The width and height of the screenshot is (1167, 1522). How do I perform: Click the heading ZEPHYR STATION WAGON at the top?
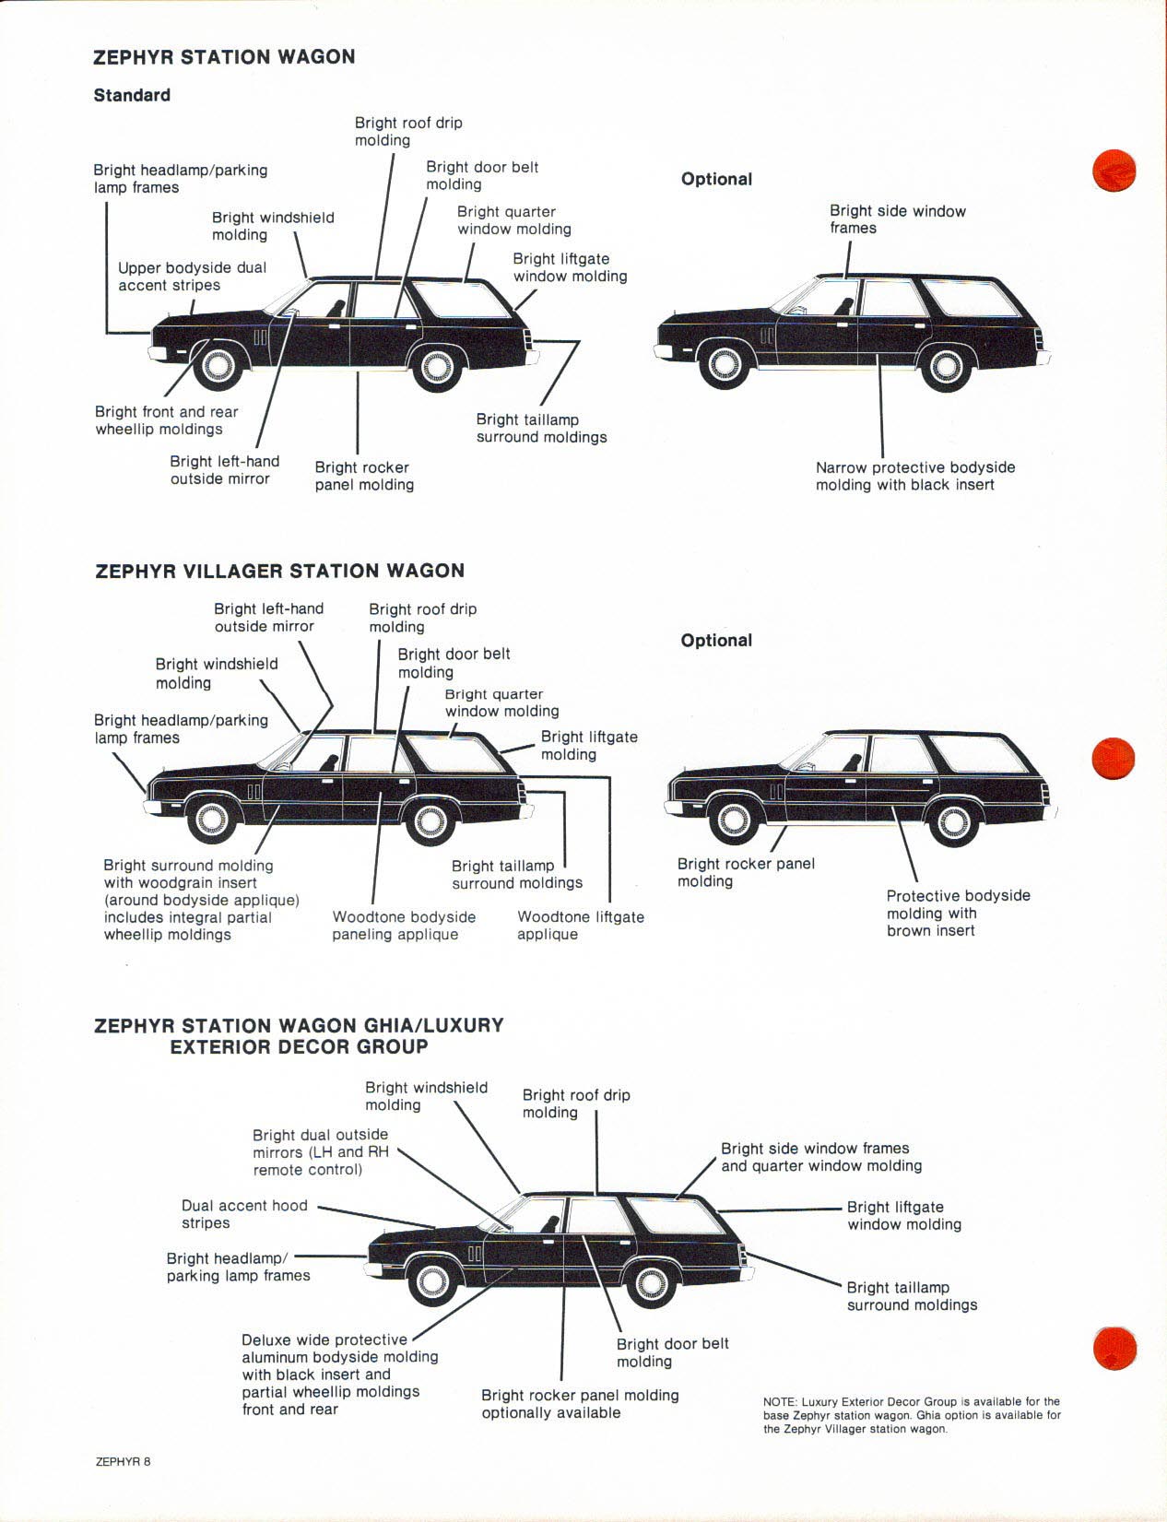[224, 57]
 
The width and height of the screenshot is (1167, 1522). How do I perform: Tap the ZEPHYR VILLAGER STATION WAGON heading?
[279, 571]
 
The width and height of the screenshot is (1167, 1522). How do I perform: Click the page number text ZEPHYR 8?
[123, 1461]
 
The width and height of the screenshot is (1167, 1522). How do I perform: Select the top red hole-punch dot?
[1114, 171]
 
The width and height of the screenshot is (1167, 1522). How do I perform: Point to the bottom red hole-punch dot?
[1114, 1348]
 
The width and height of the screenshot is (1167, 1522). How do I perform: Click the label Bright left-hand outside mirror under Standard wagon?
[224, 470]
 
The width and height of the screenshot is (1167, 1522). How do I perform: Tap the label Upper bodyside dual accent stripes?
[192, 277]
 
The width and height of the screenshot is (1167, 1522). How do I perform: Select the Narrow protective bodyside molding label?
[914, 477]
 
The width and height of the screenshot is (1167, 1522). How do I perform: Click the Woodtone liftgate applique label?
[580, 926]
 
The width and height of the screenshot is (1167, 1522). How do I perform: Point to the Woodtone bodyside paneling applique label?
[404, 926]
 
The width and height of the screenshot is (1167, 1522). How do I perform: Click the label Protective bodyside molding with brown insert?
[958, 913]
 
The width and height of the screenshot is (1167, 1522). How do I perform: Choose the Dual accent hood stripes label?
[244, 1214]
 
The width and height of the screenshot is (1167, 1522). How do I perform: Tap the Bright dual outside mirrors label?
[320, 1152]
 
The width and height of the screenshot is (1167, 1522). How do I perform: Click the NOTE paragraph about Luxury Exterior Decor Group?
[911, 1415]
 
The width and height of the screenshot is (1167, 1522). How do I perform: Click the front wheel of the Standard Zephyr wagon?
[218, 365]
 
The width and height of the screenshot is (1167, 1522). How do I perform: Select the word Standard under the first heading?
[132, 95]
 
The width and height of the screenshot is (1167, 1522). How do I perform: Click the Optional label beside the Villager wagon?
[716, 641]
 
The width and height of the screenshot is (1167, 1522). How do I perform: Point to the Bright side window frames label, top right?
[897, 219]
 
